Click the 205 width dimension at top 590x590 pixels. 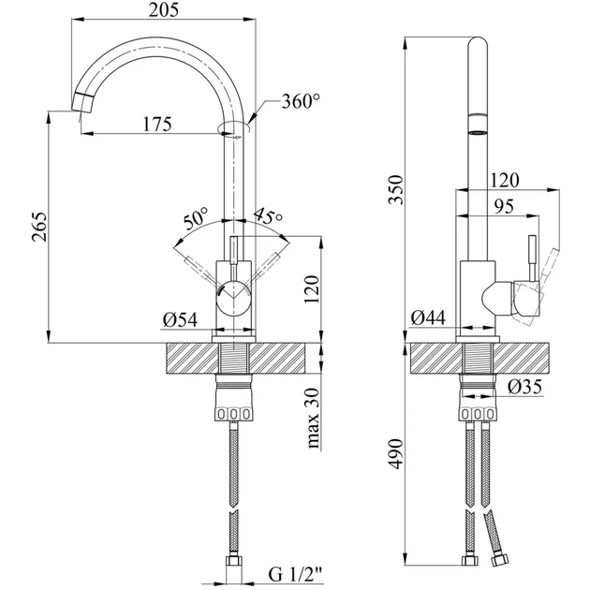pyautogui.click(x=164, y=10)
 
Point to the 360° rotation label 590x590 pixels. pyautogui.click(x=300, y=102)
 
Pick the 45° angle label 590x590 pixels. pyautogui.click(x=268, y=218)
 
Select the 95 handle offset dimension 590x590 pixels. pyautogui.click(x=504, y=209)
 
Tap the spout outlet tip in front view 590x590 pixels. pyautogui.click(x=83, y=105)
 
